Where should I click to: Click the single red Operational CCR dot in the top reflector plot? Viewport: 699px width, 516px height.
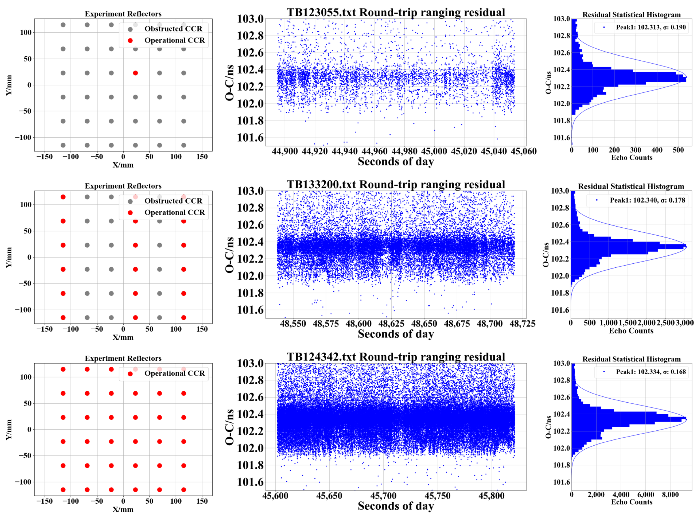tap(135, 73)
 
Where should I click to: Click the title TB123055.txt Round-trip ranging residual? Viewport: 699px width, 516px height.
tap(396, 13)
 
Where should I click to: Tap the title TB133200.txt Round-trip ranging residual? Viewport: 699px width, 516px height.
tap(396, 185)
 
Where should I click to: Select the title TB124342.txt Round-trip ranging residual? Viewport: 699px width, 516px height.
tap(396, 357)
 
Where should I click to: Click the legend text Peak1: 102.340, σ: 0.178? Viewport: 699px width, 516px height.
tap(647, 201)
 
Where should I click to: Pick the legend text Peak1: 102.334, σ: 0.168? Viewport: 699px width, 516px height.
tap(651, 372)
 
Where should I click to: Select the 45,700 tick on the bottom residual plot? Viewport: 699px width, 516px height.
tap(383, 496)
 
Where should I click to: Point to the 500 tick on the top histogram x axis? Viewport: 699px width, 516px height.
tap(678, 150)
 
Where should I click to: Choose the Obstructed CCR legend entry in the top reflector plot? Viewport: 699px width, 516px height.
tap(173, 29)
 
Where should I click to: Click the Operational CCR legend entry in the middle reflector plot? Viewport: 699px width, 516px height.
tap(174, 213)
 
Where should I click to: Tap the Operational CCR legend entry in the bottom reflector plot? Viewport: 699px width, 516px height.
tap(174, 373)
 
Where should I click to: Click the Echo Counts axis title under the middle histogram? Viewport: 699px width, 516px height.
tap(631, 331)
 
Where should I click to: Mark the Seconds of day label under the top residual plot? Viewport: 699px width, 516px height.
tap(396, 162)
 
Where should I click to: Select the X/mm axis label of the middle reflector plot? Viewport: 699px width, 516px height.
tap(123, 338)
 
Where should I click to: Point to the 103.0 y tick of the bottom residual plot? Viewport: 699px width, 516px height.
tap(250, 364)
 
